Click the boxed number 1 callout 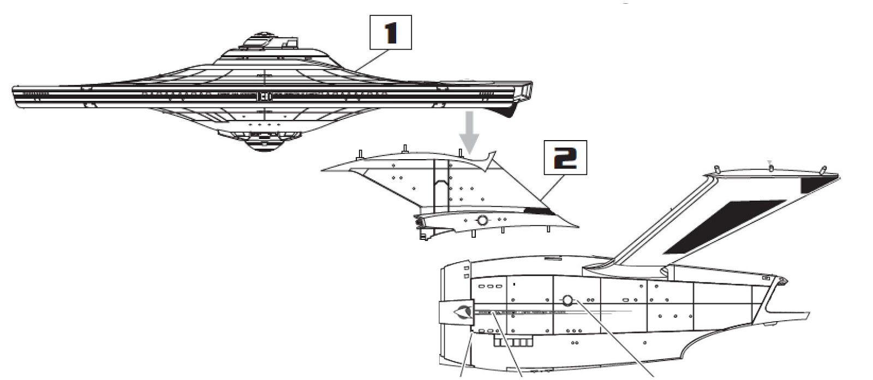click(390, 33)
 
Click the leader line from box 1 click(371, 60)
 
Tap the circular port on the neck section click(482, 220)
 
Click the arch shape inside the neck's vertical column click(441, 191)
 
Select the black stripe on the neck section click(537, 210)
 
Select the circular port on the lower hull click(567, 300)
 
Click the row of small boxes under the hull click(512, 342)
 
